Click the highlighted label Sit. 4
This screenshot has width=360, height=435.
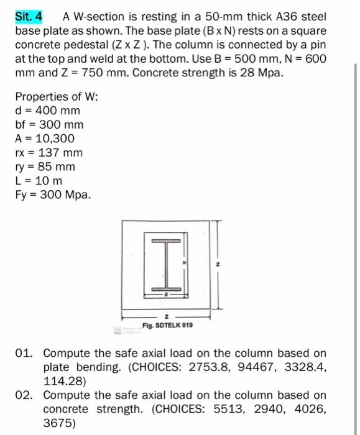point(29,16)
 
